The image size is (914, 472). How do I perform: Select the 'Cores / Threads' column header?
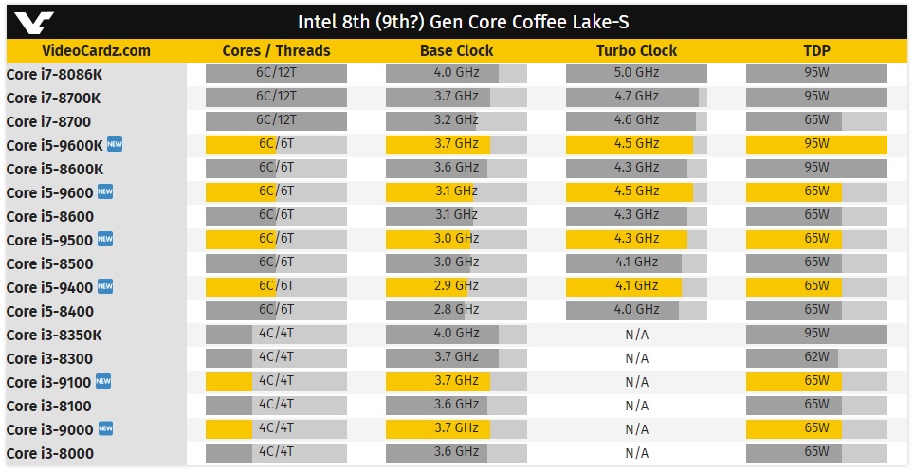(276, 51)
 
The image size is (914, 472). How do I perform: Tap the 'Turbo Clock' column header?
(636, 51)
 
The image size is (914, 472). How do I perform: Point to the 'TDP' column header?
(816, 51)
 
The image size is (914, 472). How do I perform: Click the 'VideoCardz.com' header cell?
(97, 51)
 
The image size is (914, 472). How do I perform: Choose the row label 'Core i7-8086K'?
(54, 74)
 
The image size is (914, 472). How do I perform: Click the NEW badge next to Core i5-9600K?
(116, 144)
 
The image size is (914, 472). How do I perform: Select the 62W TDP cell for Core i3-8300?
(816, 357)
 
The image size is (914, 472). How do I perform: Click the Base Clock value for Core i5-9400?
(456, 286)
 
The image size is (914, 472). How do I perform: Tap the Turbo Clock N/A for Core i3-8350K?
(636, 334)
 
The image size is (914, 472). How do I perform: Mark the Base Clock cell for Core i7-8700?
(456, 120)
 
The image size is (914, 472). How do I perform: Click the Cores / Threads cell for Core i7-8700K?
(276, 97)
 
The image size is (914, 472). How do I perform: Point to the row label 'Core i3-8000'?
(50, 453)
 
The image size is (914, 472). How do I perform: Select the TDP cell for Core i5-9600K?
(816, 144)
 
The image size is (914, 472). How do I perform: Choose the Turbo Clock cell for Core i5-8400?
(636, 310)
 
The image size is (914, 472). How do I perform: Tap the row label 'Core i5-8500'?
(50, 263)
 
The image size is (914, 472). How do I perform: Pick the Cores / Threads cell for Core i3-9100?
(276, 381)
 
